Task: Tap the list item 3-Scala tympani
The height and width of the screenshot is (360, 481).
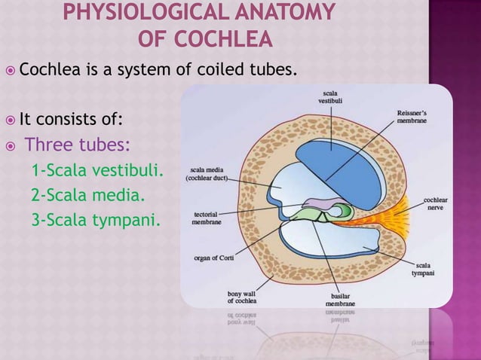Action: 95,221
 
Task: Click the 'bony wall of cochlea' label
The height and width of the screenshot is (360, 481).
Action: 241,297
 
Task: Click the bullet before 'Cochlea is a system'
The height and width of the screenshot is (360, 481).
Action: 8,72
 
